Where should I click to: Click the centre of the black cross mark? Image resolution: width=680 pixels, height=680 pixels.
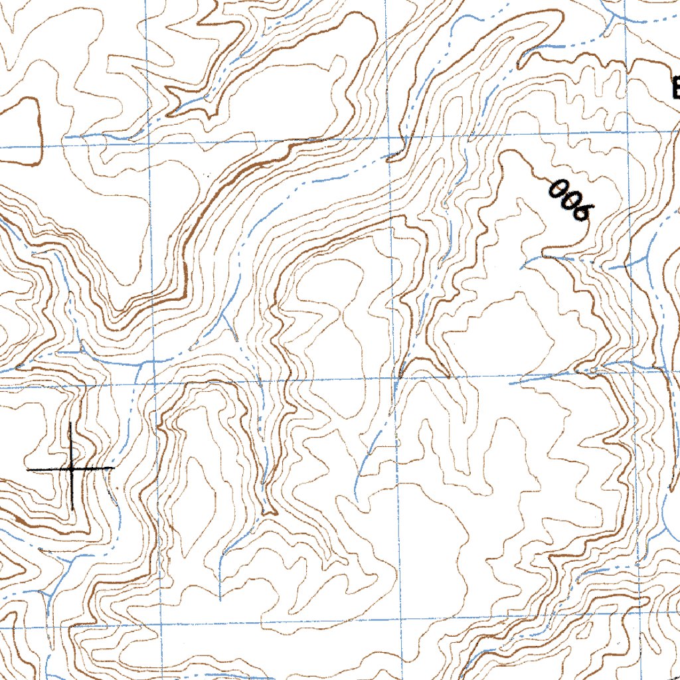(71, 468)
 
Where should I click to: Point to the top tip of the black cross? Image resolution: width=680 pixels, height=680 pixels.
(70, 422)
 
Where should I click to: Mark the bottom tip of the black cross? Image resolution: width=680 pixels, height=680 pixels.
(72, 510)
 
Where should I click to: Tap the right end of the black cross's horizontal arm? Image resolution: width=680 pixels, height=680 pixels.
(114, 468)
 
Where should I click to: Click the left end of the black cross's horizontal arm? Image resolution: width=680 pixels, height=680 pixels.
(27, 469)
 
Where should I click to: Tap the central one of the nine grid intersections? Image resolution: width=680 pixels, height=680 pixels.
(396, 379)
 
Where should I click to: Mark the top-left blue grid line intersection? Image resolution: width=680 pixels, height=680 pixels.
(149, 142)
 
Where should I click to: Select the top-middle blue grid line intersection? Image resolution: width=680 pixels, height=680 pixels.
(391, 139)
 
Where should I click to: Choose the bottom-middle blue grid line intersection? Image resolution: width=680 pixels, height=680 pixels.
(401, 621)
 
